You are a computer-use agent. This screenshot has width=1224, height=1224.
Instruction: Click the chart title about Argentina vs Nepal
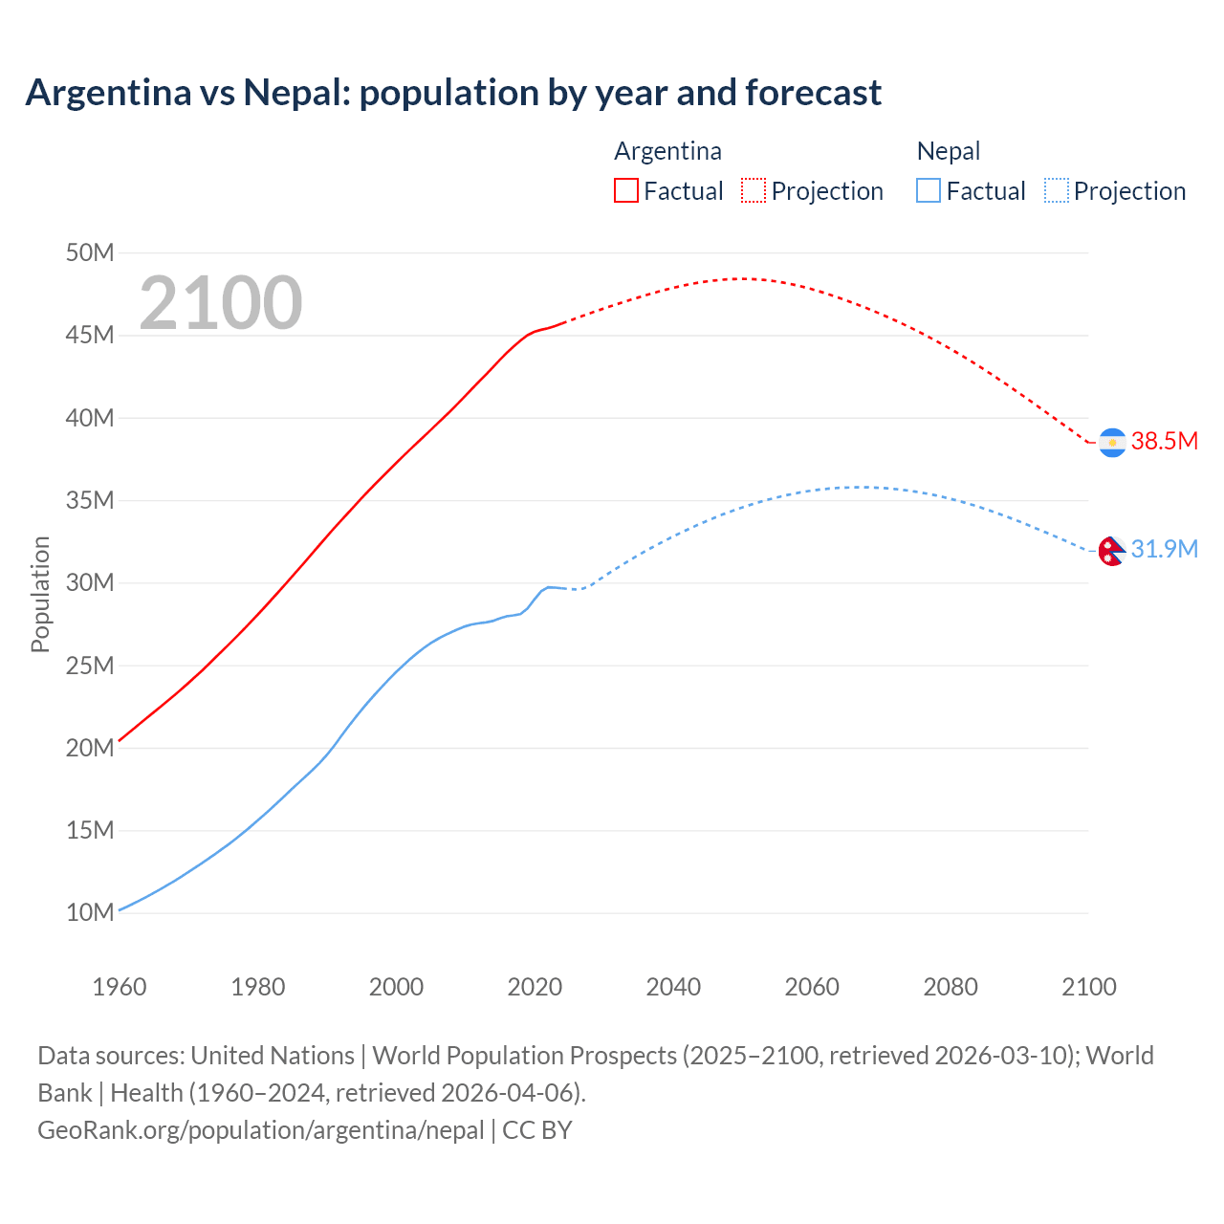click(453, 93)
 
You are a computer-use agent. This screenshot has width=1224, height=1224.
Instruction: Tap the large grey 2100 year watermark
click(221, 303)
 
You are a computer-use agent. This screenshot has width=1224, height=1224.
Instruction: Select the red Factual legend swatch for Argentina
click(625, 190)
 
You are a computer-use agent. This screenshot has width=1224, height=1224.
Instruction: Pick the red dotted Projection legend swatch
click(754, 190)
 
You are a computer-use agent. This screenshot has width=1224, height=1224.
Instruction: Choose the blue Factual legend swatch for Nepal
click(929, 190)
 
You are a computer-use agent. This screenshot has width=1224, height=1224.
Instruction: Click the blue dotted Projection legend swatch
click(1056, 190)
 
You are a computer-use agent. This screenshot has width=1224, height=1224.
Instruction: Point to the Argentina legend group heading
click(667, 151)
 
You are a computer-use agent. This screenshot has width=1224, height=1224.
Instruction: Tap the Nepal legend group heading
click(948, 151)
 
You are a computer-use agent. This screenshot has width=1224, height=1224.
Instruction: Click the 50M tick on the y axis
click(90, 253)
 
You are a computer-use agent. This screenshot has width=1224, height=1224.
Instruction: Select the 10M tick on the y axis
click(90, 912)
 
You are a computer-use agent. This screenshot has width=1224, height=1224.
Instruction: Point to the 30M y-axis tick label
click(90, 583)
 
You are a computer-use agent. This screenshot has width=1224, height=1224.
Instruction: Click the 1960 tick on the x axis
click(120, 987)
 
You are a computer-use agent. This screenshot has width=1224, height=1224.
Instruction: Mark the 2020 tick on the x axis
click(535, 987)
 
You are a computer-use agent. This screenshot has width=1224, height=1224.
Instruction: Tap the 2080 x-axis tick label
click(951, 987)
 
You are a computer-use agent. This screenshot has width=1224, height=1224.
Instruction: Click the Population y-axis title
click(40, 594)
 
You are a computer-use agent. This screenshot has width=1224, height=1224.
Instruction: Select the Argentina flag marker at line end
click(1112, 443)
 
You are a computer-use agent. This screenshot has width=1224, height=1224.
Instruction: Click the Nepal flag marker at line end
click(1110, 551)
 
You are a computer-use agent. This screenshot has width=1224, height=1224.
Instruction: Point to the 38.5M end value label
click(1164, 441)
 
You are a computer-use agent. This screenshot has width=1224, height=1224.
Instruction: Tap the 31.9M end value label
click(1164, 549)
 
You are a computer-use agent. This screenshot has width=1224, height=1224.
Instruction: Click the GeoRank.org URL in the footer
click(261, 1130)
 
